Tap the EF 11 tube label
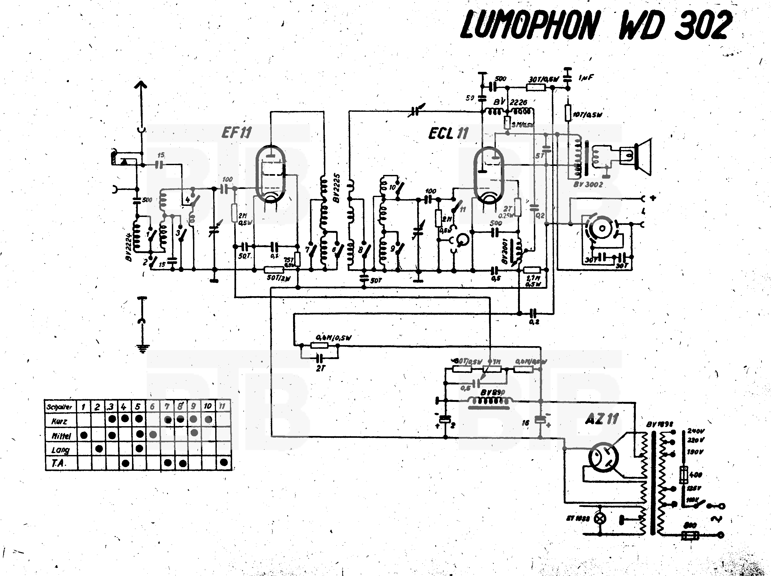pos(236,132)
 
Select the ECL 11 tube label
pos(448,133)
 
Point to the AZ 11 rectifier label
pos(602,419)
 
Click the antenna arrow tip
pos(142,84)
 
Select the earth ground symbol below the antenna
pos(142,348)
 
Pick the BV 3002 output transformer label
pos(588,184)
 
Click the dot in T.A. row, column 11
pos(224,462)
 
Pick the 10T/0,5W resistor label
pos(588,114)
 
